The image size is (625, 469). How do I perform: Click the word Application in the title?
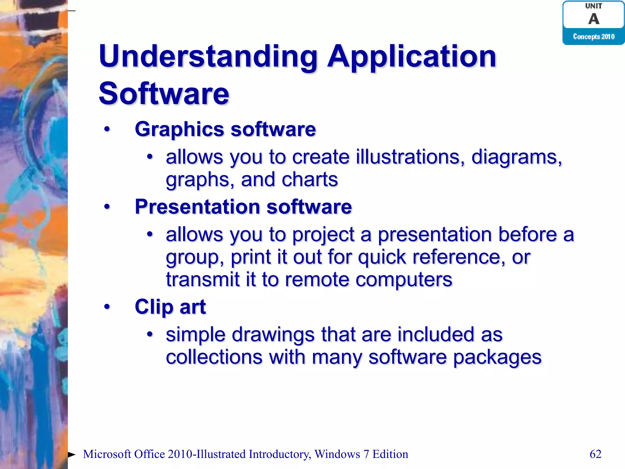pyautogui.click(x=412, y=57)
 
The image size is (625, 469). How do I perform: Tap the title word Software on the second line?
pyautogui.click(x=164, y=94)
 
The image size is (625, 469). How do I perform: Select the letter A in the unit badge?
pyautogui.click(x=594, y=19)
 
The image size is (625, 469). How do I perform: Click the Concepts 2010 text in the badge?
pyautogui.click(x=594, y=37)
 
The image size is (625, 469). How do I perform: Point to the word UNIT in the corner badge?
pyautogui.click(x=594, y=6)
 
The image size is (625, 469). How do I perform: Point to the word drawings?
pyautogui.click(x=273, y=335)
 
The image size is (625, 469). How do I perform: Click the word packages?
pyautogui.click(x=497, y=358)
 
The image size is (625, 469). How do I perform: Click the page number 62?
pyautogui.click(x=595, y=454)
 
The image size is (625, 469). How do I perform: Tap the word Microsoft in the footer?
pyautogui.click(x=107, y=454)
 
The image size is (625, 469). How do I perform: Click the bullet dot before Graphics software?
pyautogui.click(x=107, y=129)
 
